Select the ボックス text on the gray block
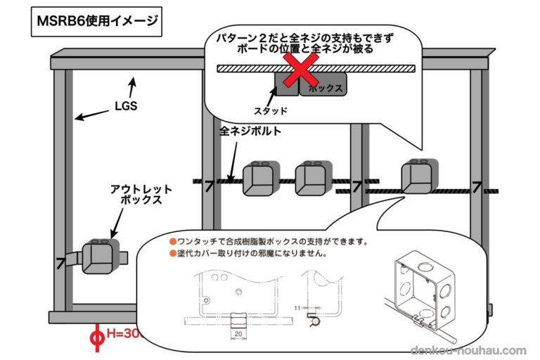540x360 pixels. click(325, 88)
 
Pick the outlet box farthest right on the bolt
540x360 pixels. click(419, 176)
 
